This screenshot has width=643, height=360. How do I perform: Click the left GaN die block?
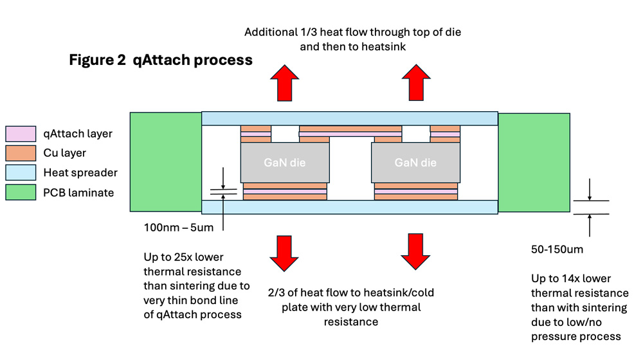pyautogui.click(x=285, y=163)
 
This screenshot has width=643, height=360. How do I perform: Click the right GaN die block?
pyautogui.click(x=415, y=163)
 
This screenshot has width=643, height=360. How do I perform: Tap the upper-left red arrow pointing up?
pyautogui.click(x=285, y=83)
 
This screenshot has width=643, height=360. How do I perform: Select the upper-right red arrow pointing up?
pyautogui.click(x=416, y=82)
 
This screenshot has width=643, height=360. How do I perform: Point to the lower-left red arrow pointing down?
pyautogui.click(x=284, y=253)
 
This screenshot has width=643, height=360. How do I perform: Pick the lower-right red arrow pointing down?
pyautogui.click(x=415, y=252)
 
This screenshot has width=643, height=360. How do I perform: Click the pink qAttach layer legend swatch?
pyautogui.click(x=21, y=134)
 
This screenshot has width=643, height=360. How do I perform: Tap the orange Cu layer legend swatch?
pyautogui.click(x=21, y=153)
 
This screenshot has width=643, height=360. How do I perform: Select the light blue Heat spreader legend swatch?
pyautogui.click(x=21, y=173)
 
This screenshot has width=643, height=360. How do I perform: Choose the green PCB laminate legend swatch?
pyautogui.click(x=21, y=192)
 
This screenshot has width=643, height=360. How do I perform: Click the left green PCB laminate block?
pyautogui.click(x=166, y=162)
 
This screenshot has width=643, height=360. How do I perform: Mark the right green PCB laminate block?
pyautogui.click(x=534, y=163)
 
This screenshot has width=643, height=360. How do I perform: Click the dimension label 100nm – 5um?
pyautogui.click(x=178, y=228)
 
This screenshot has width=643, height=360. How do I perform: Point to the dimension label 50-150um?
pyautogui.click(x=557, y=249)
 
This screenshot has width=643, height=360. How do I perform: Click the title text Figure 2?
pyautogui.click(x=97, y=60)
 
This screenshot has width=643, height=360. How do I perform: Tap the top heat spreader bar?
pyautogui.click(x=350, y=118)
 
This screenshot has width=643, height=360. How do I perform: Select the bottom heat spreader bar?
pyautogui.click(x=350, y=207)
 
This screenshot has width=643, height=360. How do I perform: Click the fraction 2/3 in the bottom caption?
pyautogui.click(x=276, y=292)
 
